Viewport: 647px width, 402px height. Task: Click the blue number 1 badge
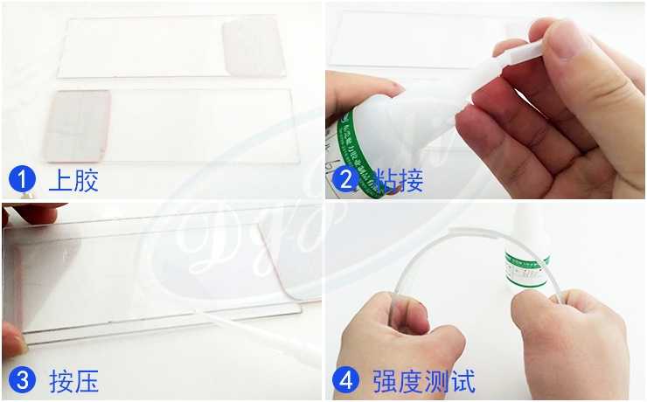click(x=22, y=181)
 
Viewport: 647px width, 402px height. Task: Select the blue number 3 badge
click(x=22, y=381)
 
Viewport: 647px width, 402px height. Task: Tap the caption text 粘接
click(x=399, y=181)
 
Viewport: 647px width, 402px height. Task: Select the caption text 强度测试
click(x=423, y=381)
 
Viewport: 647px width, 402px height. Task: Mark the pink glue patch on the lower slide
click(x=78, y=124)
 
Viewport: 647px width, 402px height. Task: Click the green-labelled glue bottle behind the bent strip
click(x=525, y=253)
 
